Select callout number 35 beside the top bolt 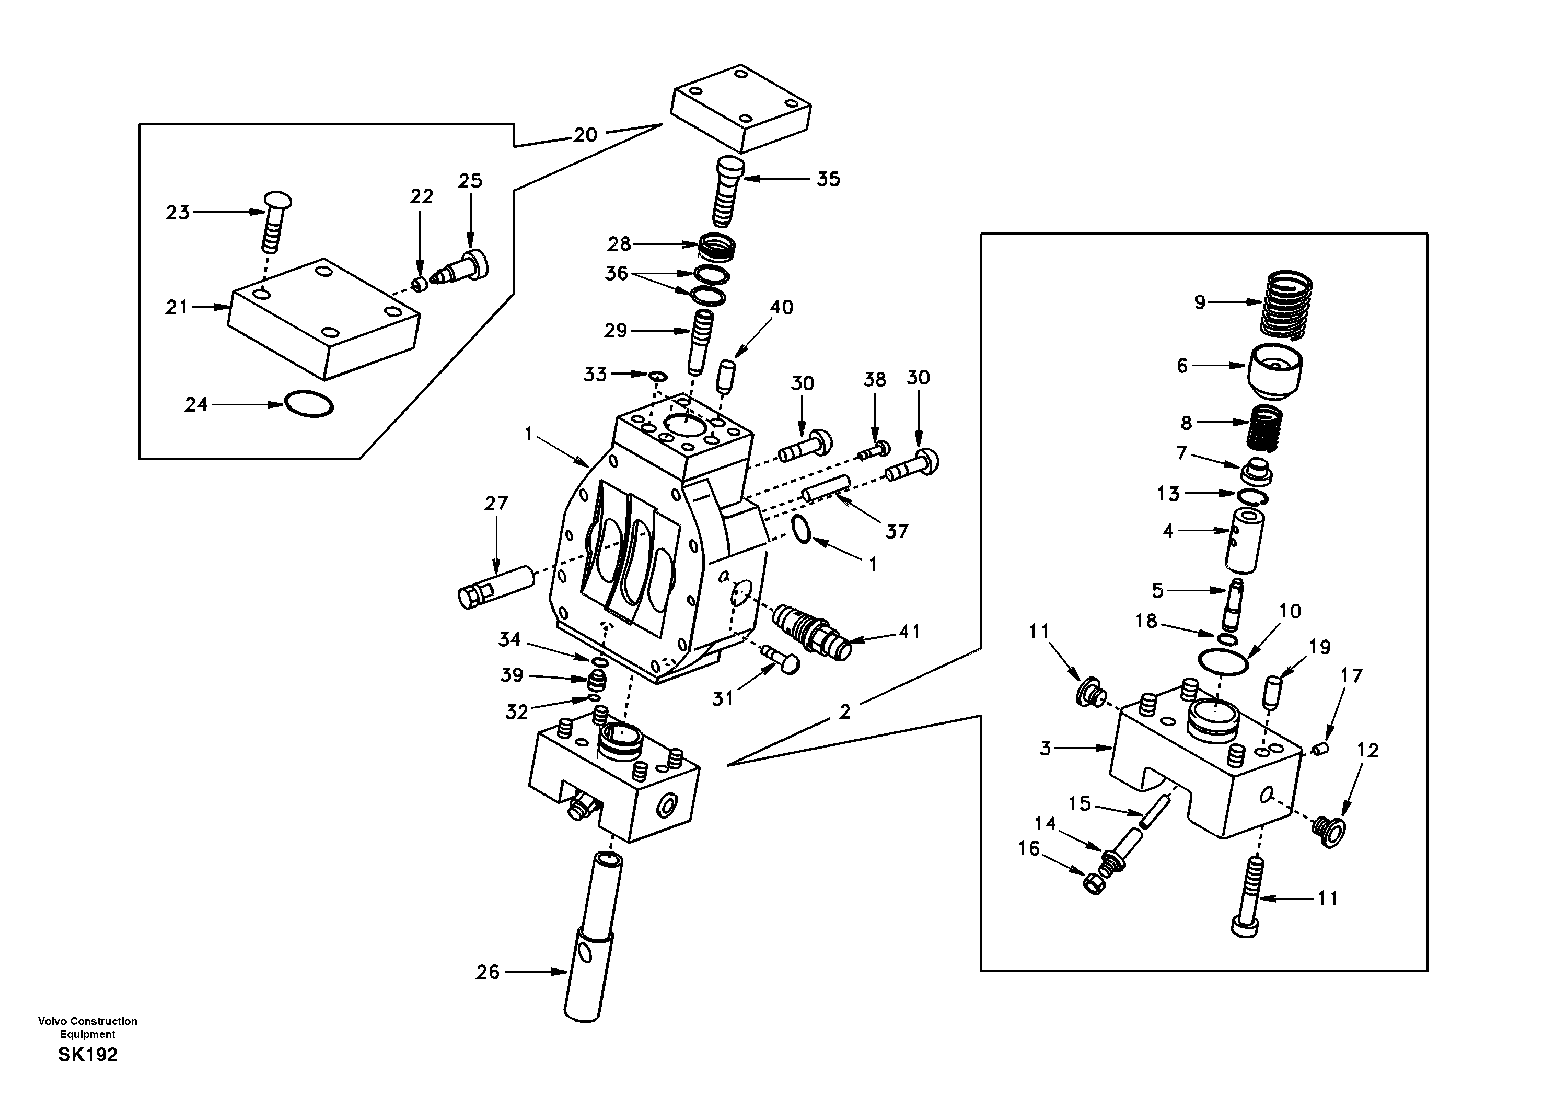(x=828, y=180)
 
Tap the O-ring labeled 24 (x=309, y=404)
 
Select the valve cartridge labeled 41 (x=811, y=628)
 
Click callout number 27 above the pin (x=496, y=503)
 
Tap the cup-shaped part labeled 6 (x=1275, y=372)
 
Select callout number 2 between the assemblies (x=844, y=711)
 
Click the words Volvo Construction (x=88, y=1021)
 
